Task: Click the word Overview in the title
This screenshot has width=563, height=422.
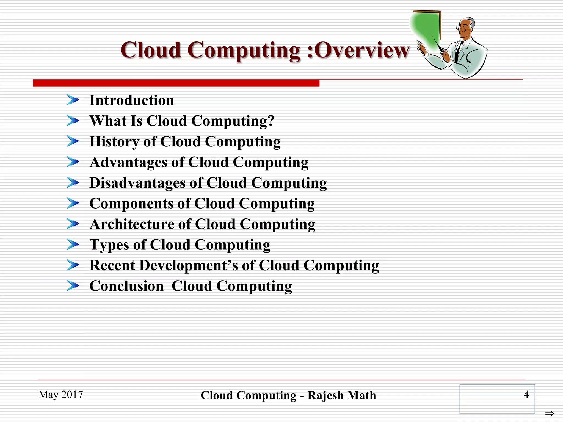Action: [361, 51]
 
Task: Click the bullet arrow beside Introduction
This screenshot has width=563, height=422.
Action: [73, 100]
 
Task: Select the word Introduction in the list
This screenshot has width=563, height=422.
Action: [132, 100]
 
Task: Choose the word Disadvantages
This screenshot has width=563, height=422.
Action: [137, 183]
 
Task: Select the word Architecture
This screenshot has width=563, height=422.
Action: [132, 224]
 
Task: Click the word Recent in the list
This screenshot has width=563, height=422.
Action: [112, 265]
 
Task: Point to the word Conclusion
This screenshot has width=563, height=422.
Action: [126, 286]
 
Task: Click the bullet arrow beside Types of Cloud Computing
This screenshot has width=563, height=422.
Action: [73, 244]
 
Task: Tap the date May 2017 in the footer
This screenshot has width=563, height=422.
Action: [61, 395]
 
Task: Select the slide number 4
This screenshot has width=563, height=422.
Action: [526, 395]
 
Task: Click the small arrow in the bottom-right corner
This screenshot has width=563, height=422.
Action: [550, 413]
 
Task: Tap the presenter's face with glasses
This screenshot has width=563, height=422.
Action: [465, 29]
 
